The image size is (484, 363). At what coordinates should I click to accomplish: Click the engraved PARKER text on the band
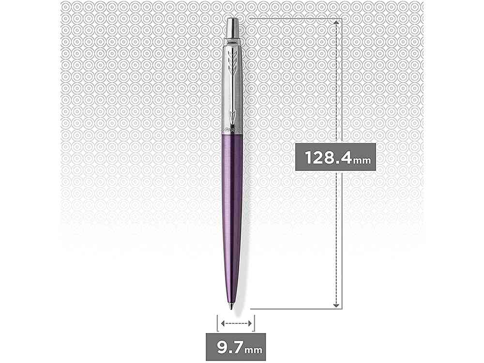pos(234,130)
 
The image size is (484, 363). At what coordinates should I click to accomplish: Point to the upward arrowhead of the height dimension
pos(335,23)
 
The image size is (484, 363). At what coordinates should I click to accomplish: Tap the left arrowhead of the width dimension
pos(222,323)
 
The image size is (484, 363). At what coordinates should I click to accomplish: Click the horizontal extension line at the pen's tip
pos(290,308)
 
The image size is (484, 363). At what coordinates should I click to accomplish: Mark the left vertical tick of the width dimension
pos(217,323)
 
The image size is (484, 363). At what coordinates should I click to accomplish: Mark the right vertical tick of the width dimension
pos(255,323)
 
